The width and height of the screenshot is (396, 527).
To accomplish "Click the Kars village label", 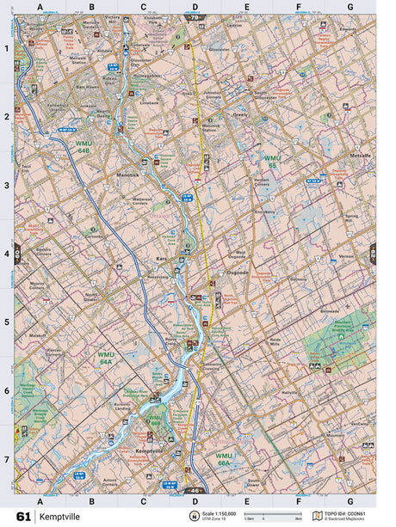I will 160,257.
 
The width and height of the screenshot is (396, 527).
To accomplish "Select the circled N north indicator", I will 194,515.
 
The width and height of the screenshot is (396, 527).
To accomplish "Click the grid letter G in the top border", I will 350,7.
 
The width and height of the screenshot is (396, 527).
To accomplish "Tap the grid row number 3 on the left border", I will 7,185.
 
